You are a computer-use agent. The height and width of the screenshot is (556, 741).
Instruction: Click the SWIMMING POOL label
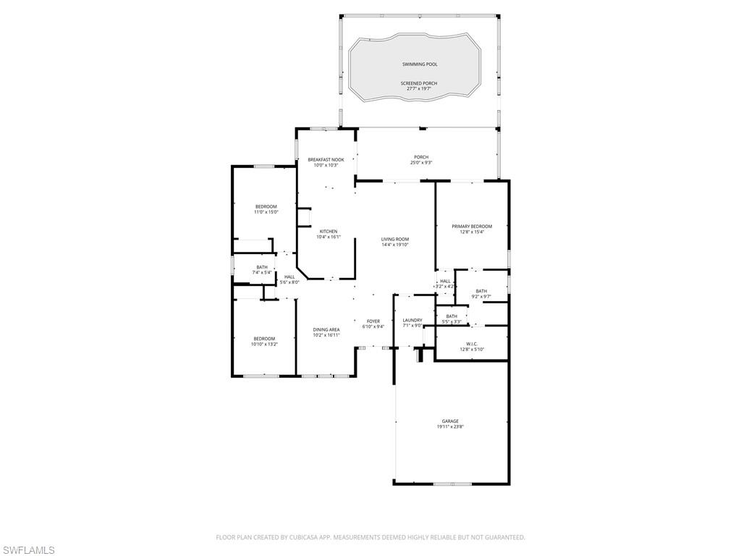420,64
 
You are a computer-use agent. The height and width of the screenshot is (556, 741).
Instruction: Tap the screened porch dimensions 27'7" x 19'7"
420,89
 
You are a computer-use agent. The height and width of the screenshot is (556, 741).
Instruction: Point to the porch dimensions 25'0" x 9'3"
421,163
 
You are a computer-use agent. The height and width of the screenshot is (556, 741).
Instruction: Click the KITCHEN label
327,232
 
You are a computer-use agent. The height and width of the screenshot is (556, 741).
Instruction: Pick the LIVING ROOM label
395,239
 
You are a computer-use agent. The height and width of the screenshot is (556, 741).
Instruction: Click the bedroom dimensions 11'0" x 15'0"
266,212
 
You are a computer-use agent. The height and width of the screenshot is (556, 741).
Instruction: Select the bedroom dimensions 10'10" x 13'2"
264,344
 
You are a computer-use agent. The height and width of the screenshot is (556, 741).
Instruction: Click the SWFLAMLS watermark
27,550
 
